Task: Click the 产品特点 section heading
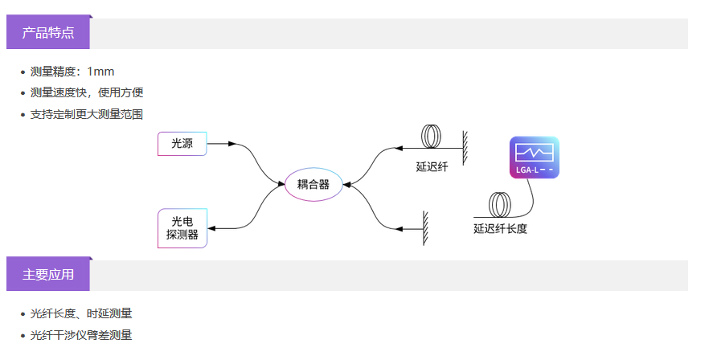[48, 33]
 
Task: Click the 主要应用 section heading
[48, 275]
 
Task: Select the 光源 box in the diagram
[182, 144]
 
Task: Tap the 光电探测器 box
[182, 228]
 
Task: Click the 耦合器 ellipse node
[313, 184]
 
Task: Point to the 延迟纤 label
[432, 167]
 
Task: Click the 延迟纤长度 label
[500, 228]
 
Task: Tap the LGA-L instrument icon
[534, 157]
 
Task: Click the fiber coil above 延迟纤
[433, 137]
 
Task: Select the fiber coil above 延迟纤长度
[501, 205]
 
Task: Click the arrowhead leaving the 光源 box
[232, 144]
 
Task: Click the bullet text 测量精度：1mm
[72, 72]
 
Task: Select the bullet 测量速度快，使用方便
[87, 92]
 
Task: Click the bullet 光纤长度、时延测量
[81, 313]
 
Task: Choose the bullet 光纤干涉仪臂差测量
[81, 335]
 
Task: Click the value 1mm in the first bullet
[100, 72]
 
